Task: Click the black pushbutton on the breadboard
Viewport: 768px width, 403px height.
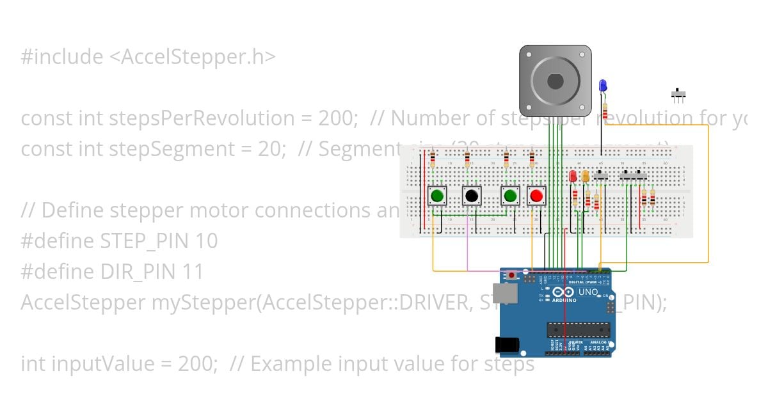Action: [472, 195]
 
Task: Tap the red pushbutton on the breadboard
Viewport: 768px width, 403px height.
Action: [536, 195]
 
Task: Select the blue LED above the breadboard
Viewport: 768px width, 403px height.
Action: [602, 85]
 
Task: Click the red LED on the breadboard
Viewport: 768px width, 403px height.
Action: [573, 176]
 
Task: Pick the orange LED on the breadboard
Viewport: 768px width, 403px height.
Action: [586, 177]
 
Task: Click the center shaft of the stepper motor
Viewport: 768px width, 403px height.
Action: [555, 81]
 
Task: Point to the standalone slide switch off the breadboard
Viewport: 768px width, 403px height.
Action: [678, 95]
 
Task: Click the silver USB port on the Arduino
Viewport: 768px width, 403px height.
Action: [506, 293]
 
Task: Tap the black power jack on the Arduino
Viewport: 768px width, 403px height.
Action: [507, 345]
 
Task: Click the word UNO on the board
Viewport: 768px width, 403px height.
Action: [588, 292]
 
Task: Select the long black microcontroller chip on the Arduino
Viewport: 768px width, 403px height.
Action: [578, 329]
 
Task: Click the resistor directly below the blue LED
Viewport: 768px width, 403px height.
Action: [605, 109]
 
